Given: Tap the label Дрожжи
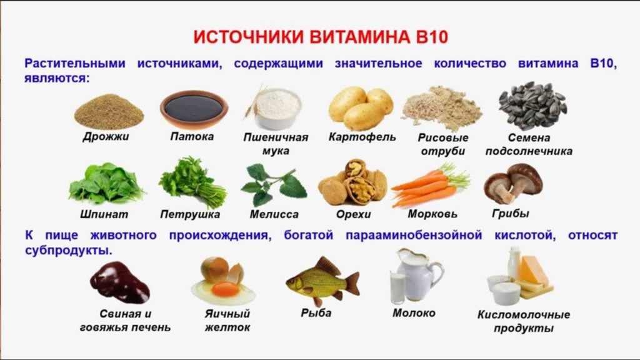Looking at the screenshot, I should tap(106, 136).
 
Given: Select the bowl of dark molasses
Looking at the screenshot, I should tap(194, 109).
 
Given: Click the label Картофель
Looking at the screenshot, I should tap(362, 137).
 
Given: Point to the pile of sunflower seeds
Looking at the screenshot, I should tap(532, 105).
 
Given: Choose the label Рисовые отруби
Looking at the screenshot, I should tap(442, 144).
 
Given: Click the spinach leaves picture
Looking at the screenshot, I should tap(106, 184).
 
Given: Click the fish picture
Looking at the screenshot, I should tap(321, 281).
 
